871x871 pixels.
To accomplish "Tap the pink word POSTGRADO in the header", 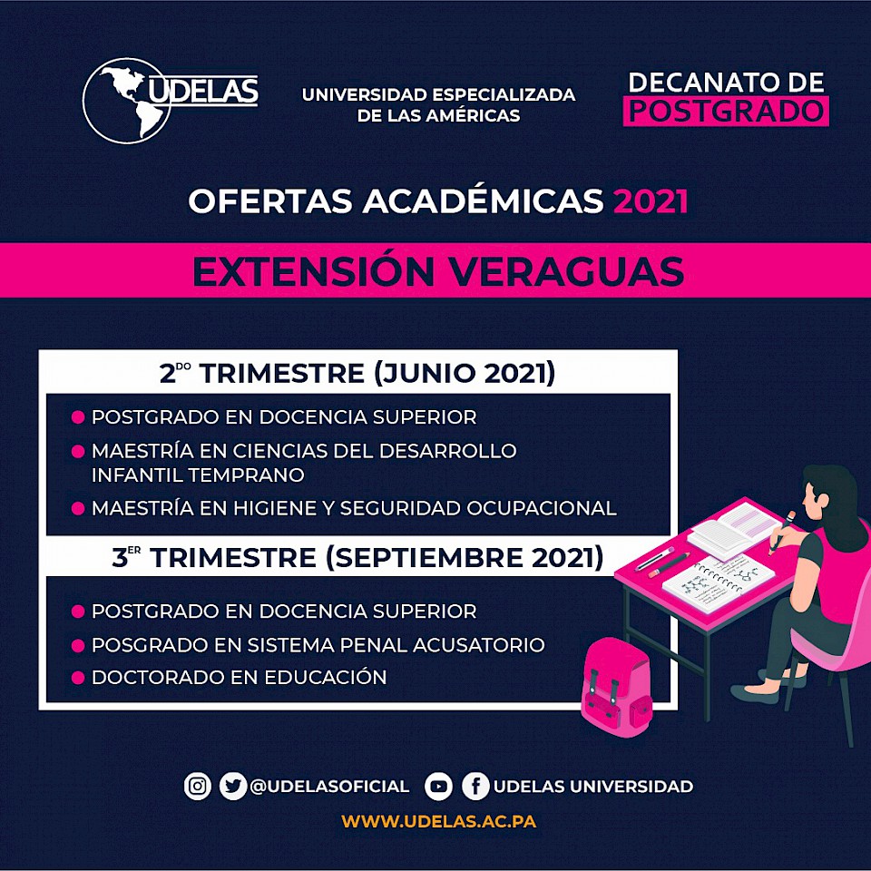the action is coord(726,111).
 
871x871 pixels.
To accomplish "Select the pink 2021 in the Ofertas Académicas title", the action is coord(651,201).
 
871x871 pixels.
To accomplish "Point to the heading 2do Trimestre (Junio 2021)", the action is coord(357,373).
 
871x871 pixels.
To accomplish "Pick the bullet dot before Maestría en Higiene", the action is coord(78,508).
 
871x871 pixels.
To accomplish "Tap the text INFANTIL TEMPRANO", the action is coord(198,475).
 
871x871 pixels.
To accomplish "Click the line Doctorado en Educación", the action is coord(239,677).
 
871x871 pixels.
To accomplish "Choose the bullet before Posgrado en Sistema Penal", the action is coord(78,645).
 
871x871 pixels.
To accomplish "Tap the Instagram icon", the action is coord(197,786).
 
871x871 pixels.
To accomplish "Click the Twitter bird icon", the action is coord(233,786).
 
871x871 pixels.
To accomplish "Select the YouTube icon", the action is coord(438,787).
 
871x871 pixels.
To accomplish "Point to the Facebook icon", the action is coord(475,787).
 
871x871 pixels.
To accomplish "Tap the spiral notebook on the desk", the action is coord(719,582).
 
